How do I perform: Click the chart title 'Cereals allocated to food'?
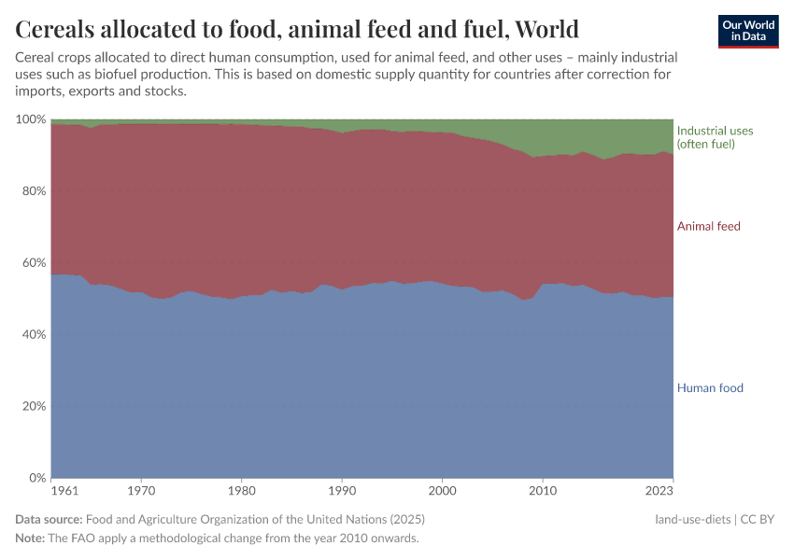point(297,29)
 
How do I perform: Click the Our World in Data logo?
point(747,31)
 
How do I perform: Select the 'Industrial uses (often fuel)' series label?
point(715,137)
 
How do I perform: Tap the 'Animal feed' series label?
point(708,227)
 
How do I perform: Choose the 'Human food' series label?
point(710,388)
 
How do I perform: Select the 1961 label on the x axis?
point(65,489)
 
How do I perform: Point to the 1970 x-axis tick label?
point(141,489)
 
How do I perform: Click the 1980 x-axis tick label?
point(242,489)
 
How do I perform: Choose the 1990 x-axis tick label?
point(342,489)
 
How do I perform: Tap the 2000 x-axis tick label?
point(443,489)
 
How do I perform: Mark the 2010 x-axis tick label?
point(543,489)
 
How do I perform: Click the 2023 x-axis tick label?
point(659,489)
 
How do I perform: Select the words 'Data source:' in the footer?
point(49,520)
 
